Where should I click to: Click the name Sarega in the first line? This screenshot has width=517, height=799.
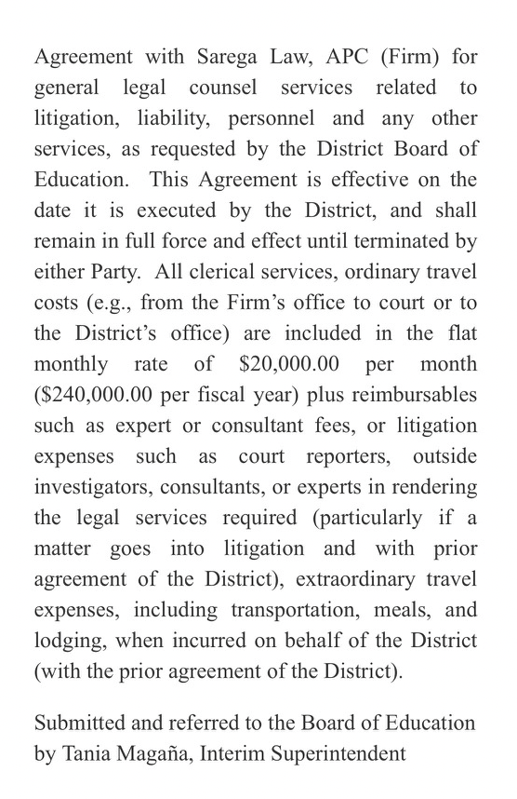tap(230, 57)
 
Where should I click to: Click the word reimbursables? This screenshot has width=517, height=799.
tap(414, 394)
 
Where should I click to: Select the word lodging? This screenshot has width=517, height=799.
tap(66, 640)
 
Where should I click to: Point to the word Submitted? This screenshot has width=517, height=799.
tap(78, 723)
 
